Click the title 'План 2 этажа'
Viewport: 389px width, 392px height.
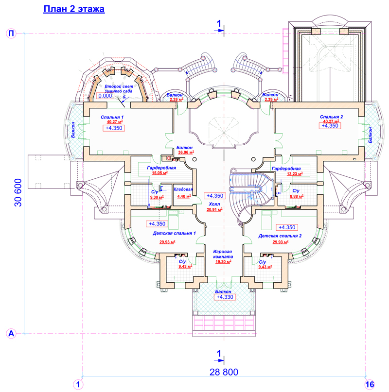point(74,9)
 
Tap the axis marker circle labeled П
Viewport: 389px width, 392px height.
point(11,34)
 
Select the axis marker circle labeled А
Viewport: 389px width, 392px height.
point(11,334)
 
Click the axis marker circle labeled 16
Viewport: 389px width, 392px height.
point(370,384)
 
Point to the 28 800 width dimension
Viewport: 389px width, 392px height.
point(224,372)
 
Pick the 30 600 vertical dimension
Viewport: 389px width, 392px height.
point(18,192)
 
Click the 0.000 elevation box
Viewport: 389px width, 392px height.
point(105,96)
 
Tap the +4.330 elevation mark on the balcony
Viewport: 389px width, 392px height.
point(225,297)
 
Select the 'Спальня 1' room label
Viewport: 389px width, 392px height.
point(112,117)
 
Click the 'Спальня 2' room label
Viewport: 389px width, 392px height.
point(332,117)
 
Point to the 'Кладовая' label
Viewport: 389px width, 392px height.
point(183,189)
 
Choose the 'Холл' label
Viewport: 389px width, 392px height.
point(214,204)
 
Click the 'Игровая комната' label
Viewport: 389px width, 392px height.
point(223,254)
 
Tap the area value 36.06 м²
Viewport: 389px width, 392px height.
point(186,152)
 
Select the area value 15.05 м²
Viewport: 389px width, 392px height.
point(159,173)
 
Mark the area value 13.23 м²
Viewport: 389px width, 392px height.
point(295,173)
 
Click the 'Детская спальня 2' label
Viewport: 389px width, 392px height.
point(280,236)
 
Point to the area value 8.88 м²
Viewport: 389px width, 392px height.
point(297,196)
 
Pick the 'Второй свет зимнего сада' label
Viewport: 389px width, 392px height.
point(119,89)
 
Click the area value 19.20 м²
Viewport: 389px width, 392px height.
point(223,262)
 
